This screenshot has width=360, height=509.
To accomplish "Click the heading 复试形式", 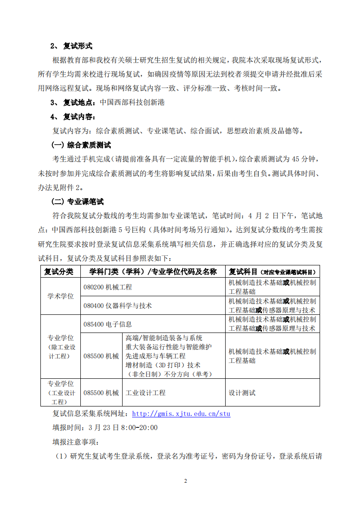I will coord(78,46).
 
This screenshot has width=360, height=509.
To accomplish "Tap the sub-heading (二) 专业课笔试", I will coord(79,201).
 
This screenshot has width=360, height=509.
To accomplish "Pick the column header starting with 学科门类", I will coord(153,272).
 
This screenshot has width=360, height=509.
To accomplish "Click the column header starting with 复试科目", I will coord(272,272).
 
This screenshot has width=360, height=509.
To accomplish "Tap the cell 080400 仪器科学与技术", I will coord(117,306).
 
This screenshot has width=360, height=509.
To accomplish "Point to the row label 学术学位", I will coord(60,296).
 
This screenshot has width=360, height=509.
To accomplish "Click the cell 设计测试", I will coord(242,393).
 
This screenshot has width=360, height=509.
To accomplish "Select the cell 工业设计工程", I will coord(145,393).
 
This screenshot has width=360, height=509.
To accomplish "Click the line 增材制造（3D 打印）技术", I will coord(163,365).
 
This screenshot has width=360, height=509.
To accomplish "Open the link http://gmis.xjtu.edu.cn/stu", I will coord(181,414).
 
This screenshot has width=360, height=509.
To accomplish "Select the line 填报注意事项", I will coord(75,441).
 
